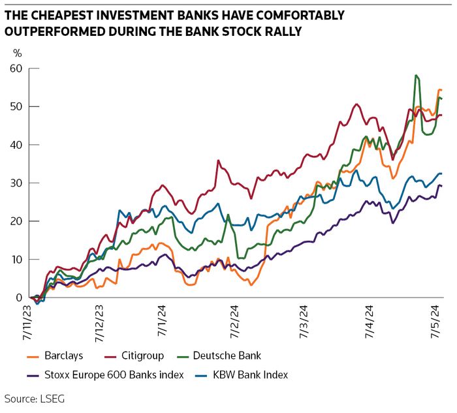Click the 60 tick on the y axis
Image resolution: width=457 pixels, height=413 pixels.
[16, 68]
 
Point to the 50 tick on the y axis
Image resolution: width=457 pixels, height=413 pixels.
[16, 106]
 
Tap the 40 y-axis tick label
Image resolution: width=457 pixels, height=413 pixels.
[16, 145]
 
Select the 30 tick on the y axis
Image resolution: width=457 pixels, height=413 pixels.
[16, 183]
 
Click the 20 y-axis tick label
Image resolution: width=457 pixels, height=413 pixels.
[16, 221]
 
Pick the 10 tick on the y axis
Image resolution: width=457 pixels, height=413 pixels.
[16, 259]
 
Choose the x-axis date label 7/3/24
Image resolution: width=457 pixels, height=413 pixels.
[304, 320]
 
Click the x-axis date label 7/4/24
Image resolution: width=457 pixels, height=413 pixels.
[369, 320]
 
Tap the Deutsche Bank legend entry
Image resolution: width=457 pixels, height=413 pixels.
[231, 356]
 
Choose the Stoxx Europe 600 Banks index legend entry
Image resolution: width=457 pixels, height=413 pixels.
[114, 375]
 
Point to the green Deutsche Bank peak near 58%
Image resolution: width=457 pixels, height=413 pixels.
[416, 76]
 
